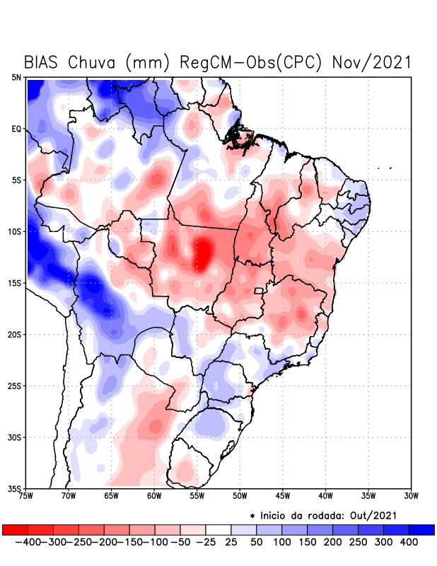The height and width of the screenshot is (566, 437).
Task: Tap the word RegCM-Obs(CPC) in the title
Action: click(252, 62)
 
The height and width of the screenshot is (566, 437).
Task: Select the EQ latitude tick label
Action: click(16, 129)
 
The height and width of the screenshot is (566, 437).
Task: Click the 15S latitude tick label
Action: click(15, 283)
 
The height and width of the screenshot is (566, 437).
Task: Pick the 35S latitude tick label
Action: click(15, 488)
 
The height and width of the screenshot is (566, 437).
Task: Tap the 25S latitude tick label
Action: click(15, 386)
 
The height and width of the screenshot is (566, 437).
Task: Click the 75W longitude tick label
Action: click(26, 495)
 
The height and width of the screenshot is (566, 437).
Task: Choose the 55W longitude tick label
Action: click(197, 495)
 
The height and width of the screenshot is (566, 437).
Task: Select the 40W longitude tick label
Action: click(326, 495)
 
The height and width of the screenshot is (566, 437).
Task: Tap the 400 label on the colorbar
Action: click(409, 541)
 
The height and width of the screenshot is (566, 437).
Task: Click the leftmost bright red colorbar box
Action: click(16, 529)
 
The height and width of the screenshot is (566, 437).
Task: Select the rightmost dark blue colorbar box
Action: click(421, 529)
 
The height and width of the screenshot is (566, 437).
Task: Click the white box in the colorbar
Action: click(218, 529)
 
